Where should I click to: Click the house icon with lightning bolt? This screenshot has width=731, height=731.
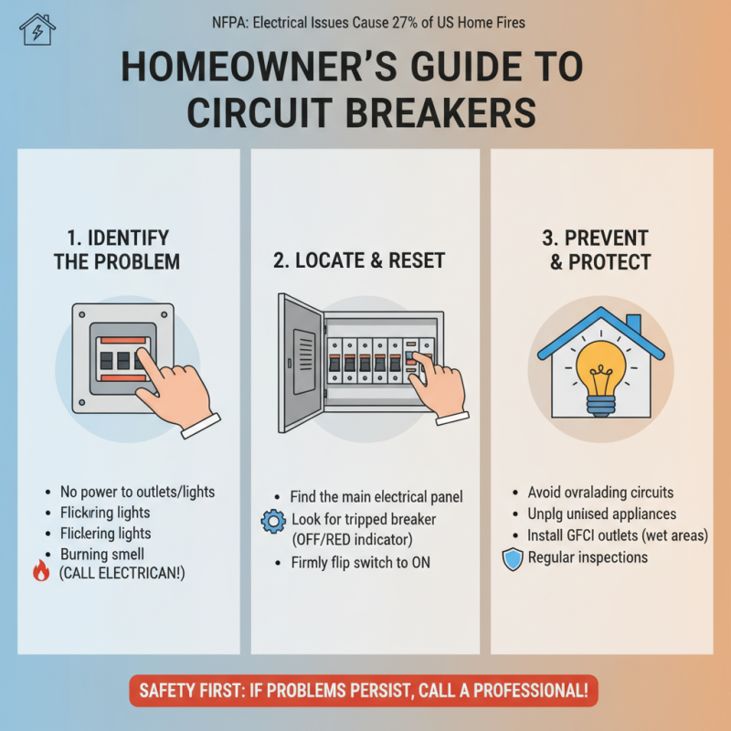point(37,29)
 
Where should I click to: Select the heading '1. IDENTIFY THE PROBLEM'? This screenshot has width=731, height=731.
point(116,249)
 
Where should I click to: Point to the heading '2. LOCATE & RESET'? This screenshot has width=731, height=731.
point(359,260)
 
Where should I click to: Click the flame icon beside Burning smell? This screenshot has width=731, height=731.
point(41,571)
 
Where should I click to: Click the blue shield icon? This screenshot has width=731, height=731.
point(514,559)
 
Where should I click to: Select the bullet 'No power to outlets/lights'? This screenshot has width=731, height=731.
point(138,491)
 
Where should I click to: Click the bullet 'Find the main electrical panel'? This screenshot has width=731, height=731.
point(376,497)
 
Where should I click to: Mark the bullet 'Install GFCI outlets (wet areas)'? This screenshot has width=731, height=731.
point(618,535)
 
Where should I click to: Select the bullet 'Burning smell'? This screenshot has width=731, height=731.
point(103,554)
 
